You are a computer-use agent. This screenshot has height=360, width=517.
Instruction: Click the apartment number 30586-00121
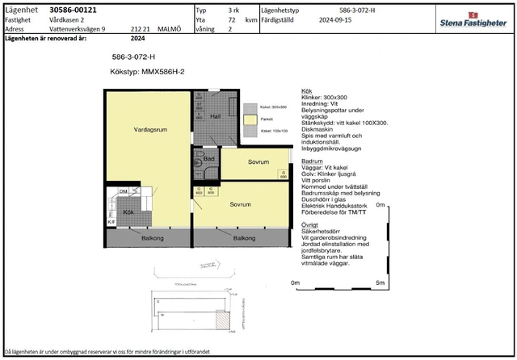(x=74, y=9)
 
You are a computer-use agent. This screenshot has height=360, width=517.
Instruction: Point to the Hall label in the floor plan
(x=215, y=116)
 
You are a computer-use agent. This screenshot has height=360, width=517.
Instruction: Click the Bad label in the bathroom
(x=208, y=160)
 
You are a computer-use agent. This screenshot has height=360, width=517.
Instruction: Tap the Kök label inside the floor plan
(x=128, y=211)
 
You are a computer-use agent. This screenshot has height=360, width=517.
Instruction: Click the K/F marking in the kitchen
(x=112, y=222)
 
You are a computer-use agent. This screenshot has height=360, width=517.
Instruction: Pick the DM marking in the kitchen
(x=123, y=191)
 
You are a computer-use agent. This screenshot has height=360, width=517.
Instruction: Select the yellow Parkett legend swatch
(x=250, y=119)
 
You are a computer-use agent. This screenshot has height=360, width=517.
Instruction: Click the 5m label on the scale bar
(x=380, y=283)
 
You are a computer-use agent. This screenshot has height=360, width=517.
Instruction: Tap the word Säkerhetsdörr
(x=322, y=232)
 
